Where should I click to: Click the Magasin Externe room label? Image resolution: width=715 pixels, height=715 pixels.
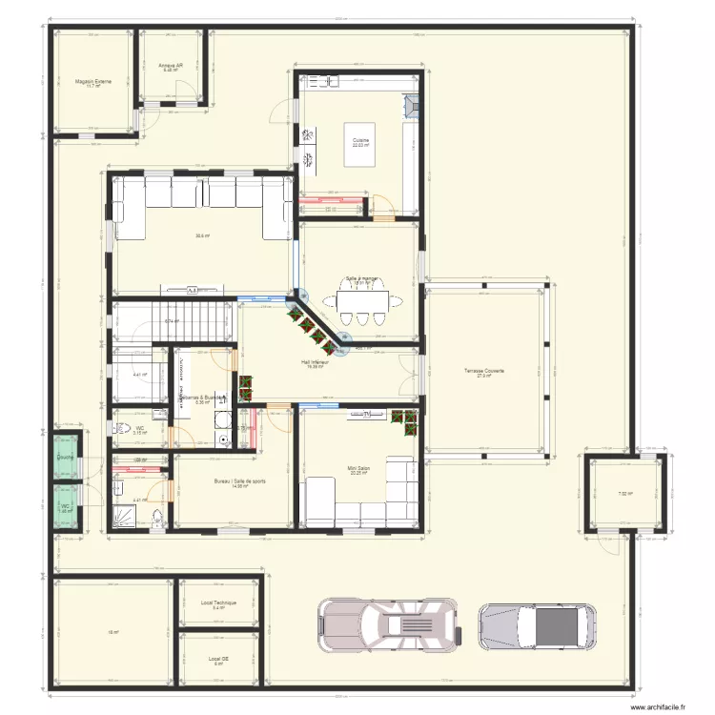tap(92, 81)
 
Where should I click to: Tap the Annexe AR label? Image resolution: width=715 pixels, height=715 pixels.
tap(171, 65)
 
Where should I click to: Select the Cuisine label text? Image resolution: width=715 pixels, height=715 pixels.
tap(360, 140)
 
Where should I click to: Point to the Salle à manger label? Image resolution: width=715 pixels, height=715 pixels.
tap(362, 278)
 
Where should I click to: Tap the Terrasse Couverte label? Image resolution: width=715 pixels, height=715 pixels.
tap(484, 371)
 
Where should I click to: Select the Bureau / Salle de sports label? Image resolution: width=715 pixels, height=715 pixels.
tap(240, 481)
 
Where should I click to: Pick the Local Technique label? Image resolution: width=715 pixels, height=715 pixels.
tap(218, 603)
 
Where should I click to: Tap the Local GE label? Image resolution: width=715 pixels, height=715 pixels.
tap(218, 658)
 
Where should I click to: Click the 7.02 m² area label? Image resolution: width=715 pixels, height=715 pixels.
tap(624, 494)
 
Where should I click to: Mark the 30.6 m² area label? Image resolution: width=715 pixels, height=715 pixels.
tap(201, 236)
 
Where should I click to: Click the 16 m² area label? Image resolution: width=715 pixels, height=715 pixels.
tap(112, 632)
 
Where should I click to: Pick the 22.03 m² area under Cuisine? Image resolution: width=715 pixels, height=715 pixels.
tap(360, 146)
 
